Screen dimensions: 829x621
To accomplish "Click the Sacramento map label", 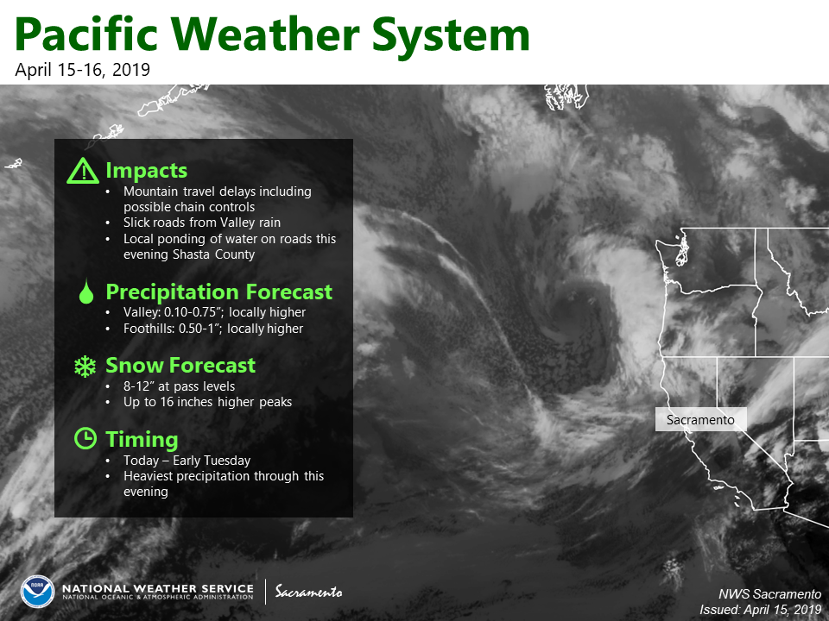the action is (x=700, y=420).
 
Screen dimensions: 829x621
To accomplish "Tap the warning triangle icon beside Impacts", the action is (x=83, y=171).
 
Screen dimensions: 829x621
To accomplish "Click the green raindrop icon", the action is (x=85, y=292).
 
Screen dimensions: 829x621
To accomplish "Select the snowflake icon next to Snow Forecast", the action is (x=85, y=366).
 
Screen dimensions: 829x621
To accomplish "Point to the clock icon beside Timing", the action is (x=85, y=438).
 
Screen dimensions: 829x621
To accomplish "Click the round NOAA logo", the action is (x=37, y=592).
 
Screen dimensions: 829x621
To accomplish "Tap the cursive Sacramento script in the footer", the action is (x=309, y=592).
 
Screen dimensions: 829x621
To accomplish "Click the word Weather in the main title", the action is (x=265, y=34).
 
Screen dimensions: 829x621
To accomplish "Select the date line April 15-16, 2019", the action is (x=83, y=70).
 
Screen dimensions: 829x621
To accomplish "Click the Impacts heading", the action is (x=147, y=171).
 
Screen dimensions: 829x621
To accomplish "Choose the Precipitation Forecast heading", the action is (x=218, y=292).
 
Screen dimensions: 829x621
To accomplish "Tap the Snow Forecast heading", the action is (x=180, y=366).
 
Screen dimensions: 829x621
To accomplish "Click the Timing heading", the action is (x=142, y=439).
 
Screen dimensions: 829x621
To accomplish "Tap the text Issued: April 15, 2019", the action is (x=760, y=610).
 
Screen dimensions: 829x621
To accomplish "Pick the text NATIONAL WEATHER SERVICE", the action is (x=158, y=588).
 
